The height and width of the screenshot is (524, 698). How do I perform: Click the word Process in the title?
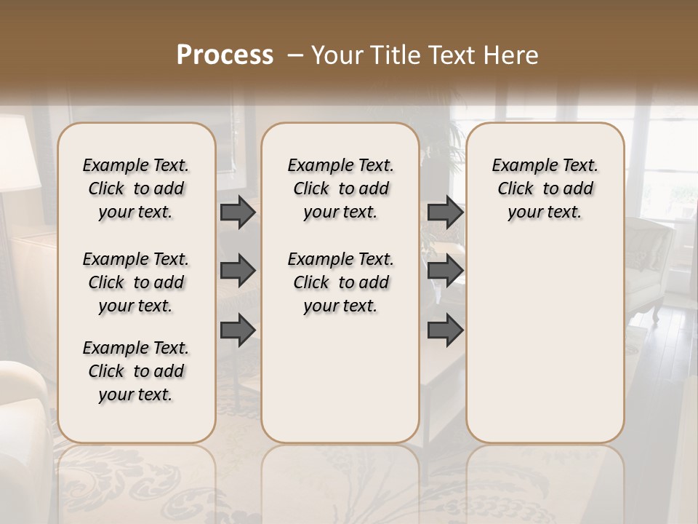pos(225,55)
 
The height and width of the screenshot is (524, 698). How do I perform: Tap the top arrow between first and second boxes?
pos(238,212)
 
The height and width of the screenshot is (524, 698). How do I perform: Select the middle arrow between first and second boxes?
pos(238,271)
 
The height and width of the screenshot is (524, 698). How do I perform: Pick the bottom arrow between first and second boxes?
pos(238,330)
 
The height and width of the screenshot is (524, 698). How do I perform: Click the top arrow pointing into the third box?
pos(445,212)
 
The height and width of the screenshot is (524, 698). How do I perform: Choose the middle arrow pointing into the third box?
pos(445,271)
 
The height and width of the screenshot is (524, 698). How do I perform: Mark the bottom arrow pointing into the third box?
pos(445,330)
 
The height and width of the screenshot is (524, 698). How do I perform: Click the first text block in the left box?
pos(136,188)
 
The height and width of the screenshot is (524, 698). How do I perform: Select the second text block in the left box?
pos(136,282)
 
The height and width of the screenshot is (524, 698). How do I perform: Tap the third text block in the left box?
pos(136,371)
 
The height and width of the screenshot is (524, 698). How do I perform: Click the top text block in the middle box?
pos(341,188)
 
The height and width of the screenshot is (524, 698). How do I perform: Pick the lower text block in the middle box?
pos(341,282)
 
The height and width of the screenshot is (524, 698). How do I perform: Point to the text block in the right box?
pos(545,188)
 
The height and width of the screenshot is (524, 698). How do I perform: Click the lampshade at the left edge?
pos(18,153)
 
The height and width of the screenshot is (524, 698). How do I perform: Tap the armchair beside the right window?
pos(651,262)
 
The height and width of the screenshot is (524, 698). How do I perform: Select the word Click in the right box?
pos(516,189)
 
